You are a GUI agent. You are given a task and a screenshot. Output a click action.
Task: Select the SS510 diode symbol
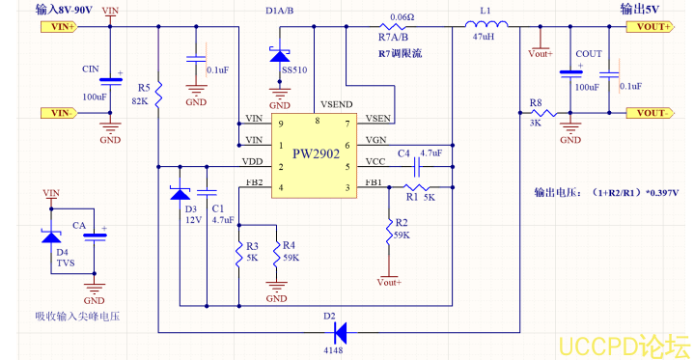pyautogui.click(x=281, y=57)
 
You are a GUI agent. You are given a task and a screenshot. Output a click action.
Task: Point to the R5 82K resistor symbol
pyautogui.click(x=160, y=94)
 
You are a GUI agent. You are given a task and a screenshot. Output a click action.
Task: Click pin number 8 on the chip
pyautogui.click(x=318, y=120)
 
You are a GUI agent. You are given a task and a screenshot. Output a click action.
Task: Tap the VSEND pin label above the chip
pyautogui.click(x=335, y=102)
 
